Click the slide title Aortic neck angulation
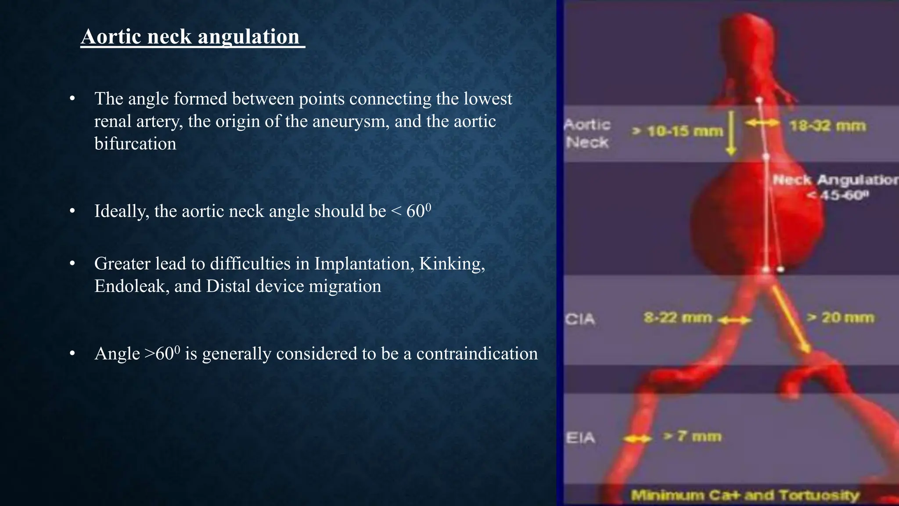pyautogui.click(x=192, y=36)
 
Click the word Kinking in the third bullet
pyautogui.click(x=452, y=264)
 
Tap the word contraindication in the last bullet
pyautogui.click(x=477, y=354)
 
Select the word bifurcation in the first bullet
pyautogui.click(x=135, y=144)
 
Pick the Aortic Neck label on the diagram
pyautogui.click(x=587, y=134)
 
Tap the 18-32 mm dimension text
pyautogui.click(x=827, y=126)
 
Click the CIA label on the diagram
pyautogui.click(x=580, y=319)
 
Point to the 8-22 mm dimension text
pyautogui.click(x=678, y=317)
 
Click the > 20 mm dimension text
pyautogui.click(x=841, y=317)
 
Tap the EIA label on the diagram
pyautogui.click(x=580, y=437)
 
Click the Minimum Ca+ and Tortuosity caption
pyautogui.click(x=745, y=495)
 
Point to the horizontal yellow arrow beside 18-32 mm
pyautogui.click(x=762, y=123)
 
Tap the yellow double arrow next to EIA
pyautogui.click(x=637, y=439)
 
